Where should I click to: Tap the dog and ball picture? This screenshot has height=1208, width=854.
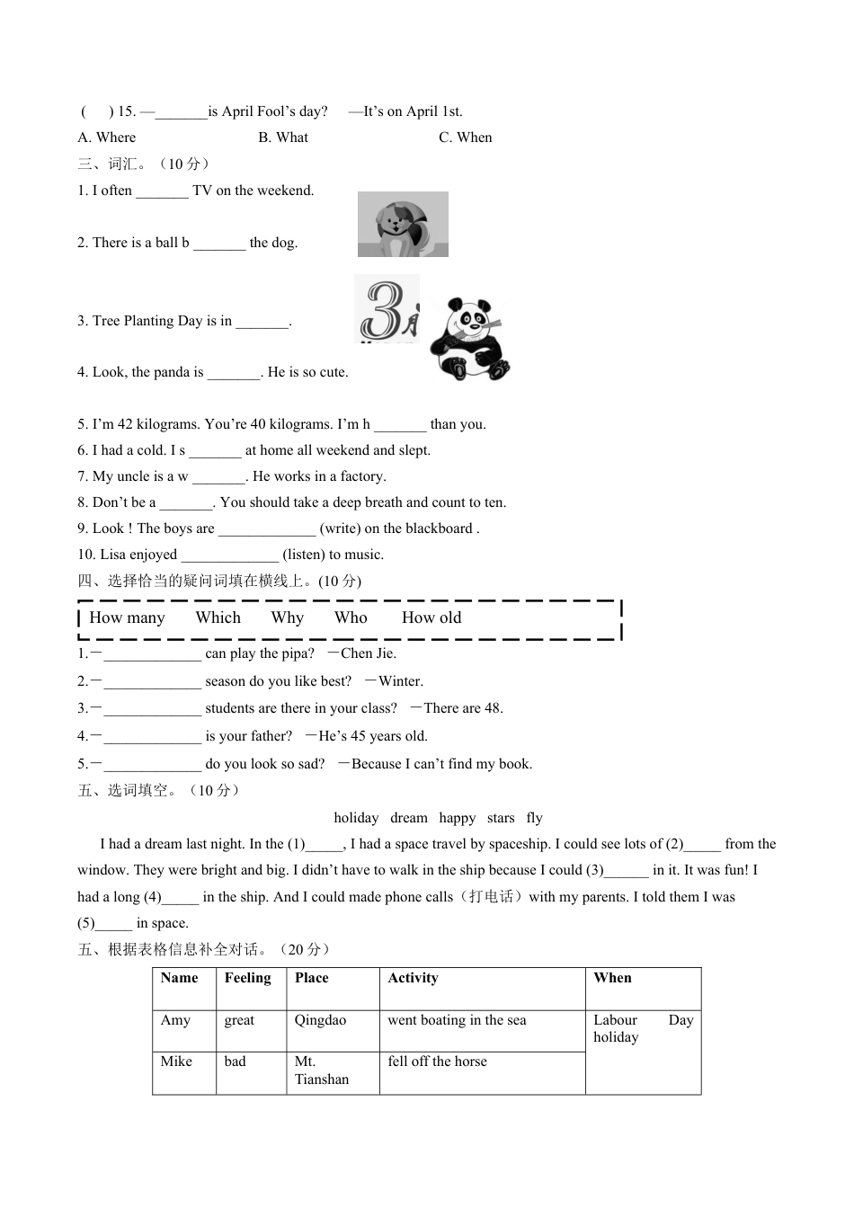pyautogui.click(x=403, y=224)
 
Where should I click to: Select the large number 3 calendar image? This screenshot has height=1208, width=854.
pyautogui.click(x=387, y=308)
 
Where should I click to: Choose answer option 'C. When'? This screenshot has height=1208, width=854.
pyautogui.click(x=465, y=138)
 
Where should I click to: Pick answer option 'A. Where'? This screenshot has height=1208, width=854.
pyautogui.click(x=106, y=138)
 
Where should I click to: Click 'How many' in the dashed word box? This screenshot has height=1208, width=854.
pyautogui.click(x=127, y=617)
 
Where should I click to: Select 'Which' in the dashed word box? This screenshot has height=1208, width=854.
pyautogui.click(x=218, y=617)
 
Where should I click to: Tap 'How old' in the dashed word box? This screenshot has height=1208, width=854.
pyautogui.click(x=431, y=617)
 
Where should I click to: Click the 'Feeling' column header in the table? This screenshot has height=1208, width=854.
pyautogui.click(x=247, y=978)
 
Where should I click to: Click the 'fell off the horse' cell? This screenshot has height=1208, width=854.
pyautogui.click(x=437, y=1061)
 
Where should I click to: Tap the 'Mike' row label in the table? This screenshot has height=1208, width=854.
pyautogui.click(x=176, y=1061)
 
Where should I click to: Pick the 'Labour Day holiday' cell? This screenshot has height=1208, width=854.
pyautogui.click(x=642, y=1029)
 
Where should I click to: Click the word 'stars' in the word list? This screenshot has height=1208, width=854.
pyautogui.click(x=501, y=818)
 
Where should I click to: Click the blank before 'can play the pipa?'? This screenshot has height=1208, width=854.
pyautogui.click(x=152, y=654)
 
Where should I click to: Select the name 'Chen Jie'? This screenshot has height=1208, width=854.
pyautogui.click(x=369, y=653)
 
